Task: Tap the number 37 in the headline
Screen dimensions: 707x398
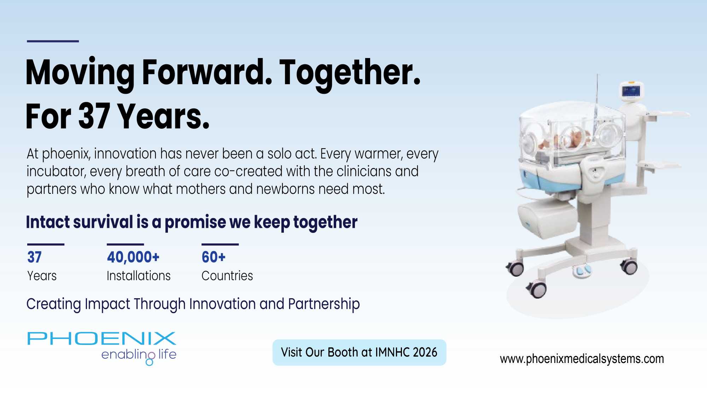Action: coord(94,116)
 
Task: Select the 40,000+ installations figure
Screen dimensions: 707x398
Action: coord(133,257)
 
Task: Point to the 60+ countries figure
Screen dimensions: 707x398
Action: coord(214,257)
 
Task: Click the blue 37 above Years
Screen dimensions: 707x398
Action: coord(35,257)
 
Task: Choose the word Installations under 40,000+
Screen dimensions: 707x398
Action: coord(139,276)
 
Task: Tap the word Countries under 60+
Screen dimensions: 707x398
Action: coord(227,276)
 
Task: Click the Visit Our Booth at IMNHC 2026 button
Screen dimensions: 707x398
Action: coord(359,352)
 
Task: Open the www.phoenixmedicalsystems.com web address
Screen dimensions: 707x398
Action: coord(582,359)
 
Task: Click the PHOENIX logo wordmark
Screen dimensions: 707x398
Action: coord(102,339)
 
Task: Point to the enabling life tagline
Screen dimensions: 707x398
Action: coord(139,356)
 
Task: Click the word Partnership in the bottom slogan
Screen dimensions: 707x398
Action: coord(324,304)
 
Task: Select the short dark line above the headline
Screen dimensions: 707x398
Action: coord(53,41)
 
